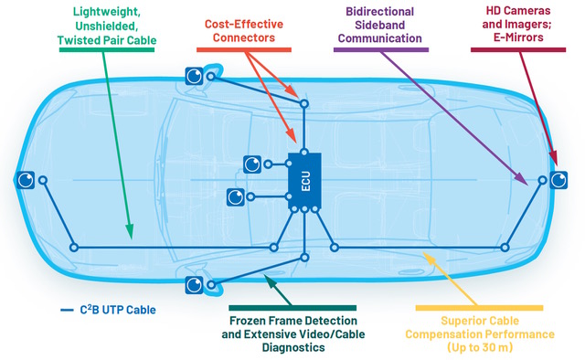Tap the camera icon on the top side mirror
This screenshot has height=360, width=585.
(x=194, y=77)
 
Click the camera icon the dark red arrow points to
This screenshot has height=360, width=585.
(x=558, y=181)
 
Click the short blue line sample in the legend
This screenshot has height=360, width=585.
(x=67, y=311)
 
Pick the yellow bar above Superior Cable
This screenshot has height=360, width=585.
(x=479, y=308)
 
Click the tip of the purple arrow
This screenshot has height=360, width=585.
(x=528, y=187)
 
